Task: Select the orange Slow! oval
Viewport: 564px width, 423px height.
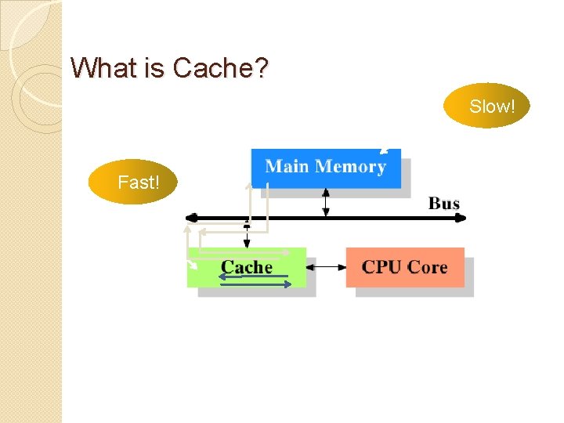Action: (x=486, y=106)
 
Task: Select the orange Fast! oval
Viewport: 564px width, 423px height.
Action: (x=133, y=183)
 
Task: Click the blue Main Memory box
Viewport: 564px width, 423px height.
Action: (x=326, y=167)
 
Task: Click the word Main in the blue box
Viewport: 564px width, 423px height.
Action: (x=288, y=166)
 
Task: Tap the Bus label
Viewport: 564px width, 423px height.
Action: (x=443, y=204)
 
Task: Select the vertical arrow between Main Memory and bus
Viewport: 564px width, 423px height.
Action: (x=327, y=202)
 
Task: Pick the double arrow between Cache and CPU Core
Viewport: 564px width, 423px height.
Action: (x=326, y=267)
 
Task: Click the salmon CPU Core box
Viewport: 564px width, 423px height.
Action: (x=405, y=267)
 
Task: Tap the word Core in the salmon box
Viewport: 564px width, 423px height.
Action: (x=427, y=266)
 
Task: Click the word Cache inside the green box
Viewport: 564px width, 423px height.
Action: (x=247, y=267)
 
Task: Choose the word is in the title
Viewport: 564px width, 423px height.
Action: (x=155, y=68)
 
